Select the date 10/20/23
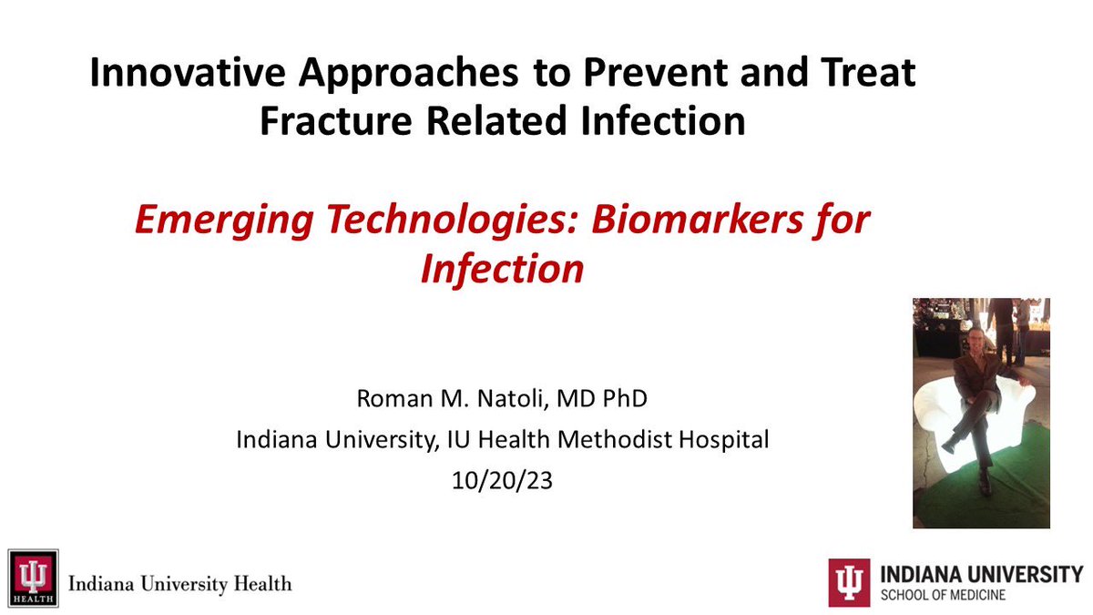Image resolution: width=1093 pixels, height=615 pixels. tap(502, 480)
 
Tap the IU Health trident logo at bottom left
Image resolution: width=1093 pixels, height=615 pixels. tap(33, 578)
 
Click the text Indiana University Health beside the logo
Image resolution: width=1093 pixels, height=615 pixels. tap(180, 582)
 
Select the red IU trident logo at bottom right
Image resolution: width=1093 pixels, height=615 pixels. tap(848, 582)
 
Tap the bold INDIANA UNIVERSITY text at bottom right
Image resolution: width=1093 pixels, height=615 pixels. tap(981, 574)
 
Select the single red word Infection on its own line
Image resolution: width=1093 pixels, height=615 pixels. tap(502, 270)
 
